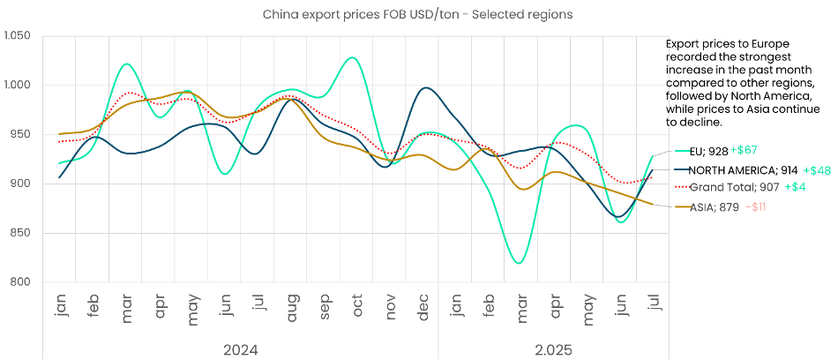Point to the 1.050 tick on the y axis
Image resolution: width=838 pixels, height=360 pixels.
(x=18, y=36)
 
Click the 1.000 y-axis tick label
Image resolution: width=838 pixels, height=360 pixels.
(x=18, y=86)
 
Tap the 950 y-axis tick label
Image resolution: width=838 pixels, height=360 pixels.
(x=21, y=135)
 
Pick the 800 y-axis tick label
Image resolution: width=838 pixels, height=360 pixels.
(x=21, y=282)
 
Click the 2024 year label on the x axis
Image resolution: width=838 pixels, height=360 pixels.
(x=240, y=350)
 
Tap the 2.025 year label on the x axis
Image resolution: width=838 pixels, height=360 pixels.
(x=553, y=350)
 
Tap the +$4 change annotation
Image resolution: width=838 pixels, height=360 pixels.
(x=797, y=187)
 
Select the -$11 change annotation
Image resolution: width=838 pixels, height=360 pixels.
(x=756, y=206)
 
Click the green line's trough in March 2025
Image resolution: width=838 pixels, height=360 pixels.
(x=519, y=263)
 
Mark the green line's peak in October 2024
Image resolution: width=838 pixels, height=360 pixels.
(x=353, y=57)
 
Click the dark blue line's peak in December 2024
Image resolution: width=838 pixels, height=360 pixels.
(x=427, y=88)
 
